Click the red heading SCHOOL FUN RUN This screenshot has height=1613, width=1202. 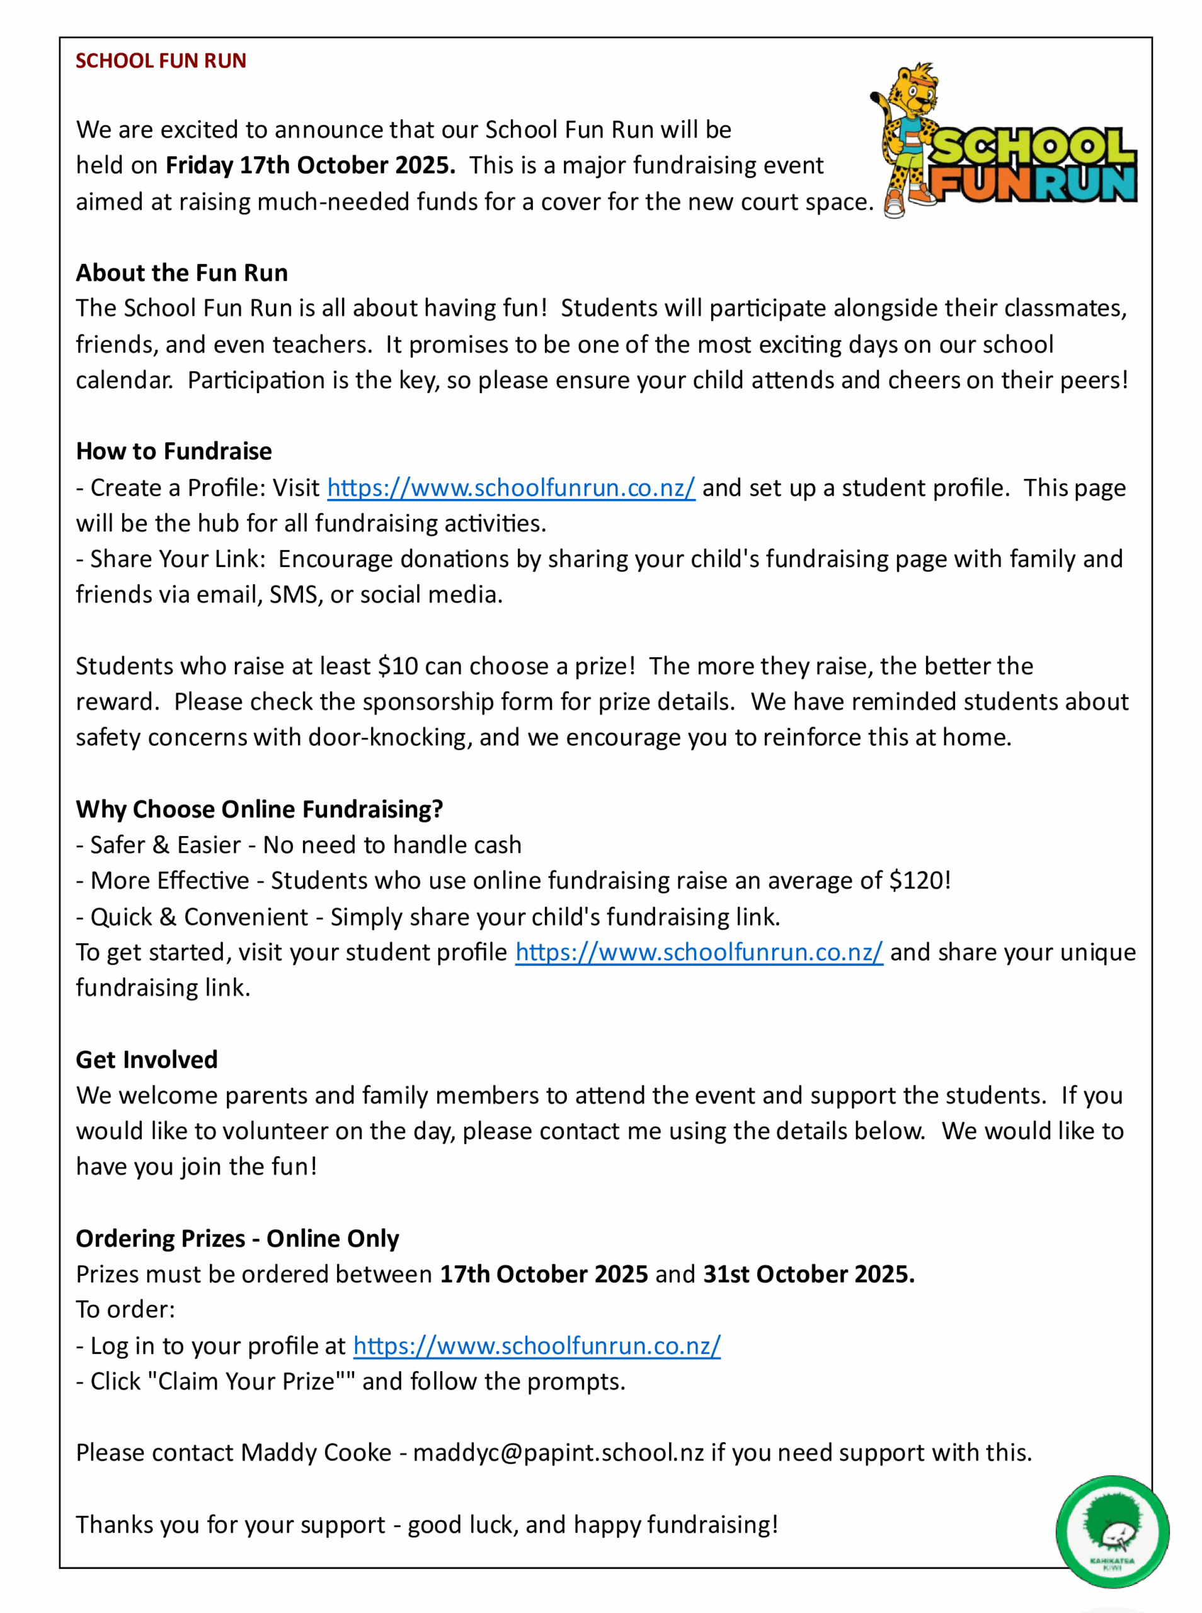coord(161,60)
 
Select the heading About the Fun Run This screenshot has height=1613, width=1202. coord(182,273)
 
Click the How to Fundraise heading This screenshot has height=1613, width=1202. coord(174,451)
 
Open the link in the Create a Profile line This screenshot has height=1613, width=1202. coord(511,488)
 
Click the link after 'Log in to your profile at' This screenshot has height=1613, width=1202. coord(537,1345)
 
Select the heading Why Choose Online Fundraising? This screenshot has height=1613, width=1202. coord(260,809)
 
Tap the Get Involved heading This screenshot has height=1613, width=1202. coord(147,1059)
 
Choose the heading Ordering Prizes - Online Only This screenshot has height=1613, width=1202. coord(238,1238)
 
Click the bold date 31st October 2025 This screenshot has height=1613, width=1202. coord(808,1274)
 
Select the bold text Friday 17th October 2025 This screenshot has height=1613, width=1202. coord(311,165)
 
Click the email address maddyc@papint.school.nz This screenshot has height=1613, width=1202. coord(558,1452)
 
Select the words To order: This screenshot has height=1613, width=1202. coord(126,1309)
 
